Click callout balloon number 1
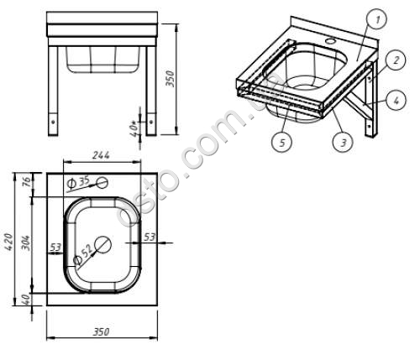(377, 20)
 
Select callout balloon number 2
(396, 60)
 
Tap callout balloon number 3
(343, 142)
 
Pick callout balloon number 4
(396, 101)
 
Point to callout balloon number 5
(282, 142)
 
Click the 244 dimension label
(101, 155)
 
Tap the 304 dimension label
(25, 243)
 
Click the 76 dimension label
(26, 182)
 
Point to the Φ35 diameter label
(78, 182)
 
